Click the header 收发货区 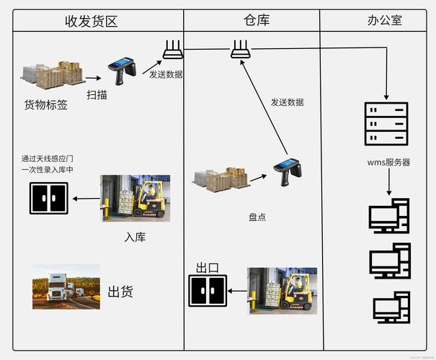coord(91,20)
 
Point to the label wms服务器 coord(388,162)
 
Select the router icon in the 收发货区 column coord(172,49)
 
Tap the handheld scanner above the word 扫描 coord(122,69)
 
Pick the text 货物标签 coord(46,105)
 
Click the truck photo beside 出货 coord(66,287)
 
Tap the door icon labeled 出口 coord(208,292)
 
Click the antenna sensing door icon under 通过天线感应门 coord(48,198)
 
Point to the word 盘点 coord(257,217)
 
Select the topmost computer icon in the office coord(389,217)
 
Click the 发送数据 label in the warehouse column coord(287,102)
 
